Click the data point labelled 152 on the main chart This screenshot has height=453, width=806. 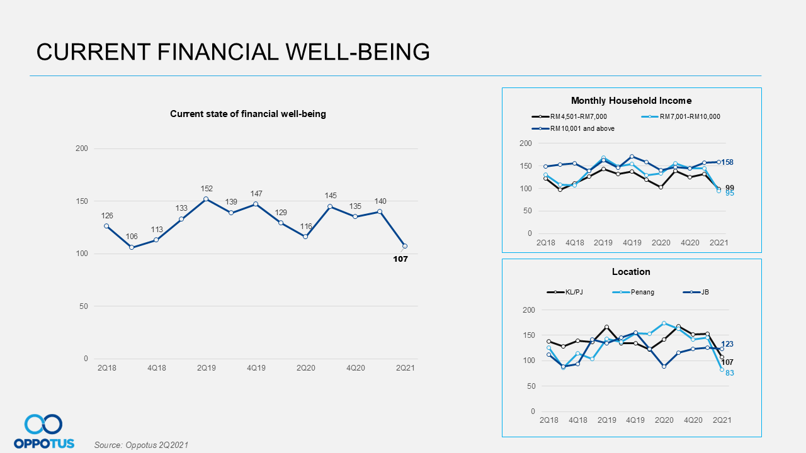206,199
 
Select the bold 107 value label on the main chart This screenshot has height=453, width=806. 400,259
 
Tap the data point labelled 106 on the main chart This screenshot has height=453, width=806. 132,247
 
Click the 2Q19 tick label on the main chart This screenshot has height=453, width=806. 206,367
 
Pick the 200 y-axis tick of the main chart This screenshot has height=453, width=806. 82,148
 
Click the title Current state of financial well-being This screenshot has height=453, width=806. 247,114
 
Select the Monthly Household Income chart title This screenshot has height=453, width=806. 631,101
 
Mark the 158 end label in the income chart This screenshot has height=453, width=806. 727,162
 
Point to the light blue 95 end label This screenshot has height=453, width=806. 730,193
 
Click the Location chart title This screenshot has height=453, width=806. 631,272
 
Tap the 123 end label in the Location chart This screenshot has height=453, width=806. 727,344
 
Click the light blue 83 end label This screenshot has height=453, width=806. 729,373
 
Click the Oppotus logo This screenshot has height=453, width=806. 44,431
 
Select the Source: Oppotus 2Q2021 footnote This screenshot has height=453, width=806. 141,445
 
